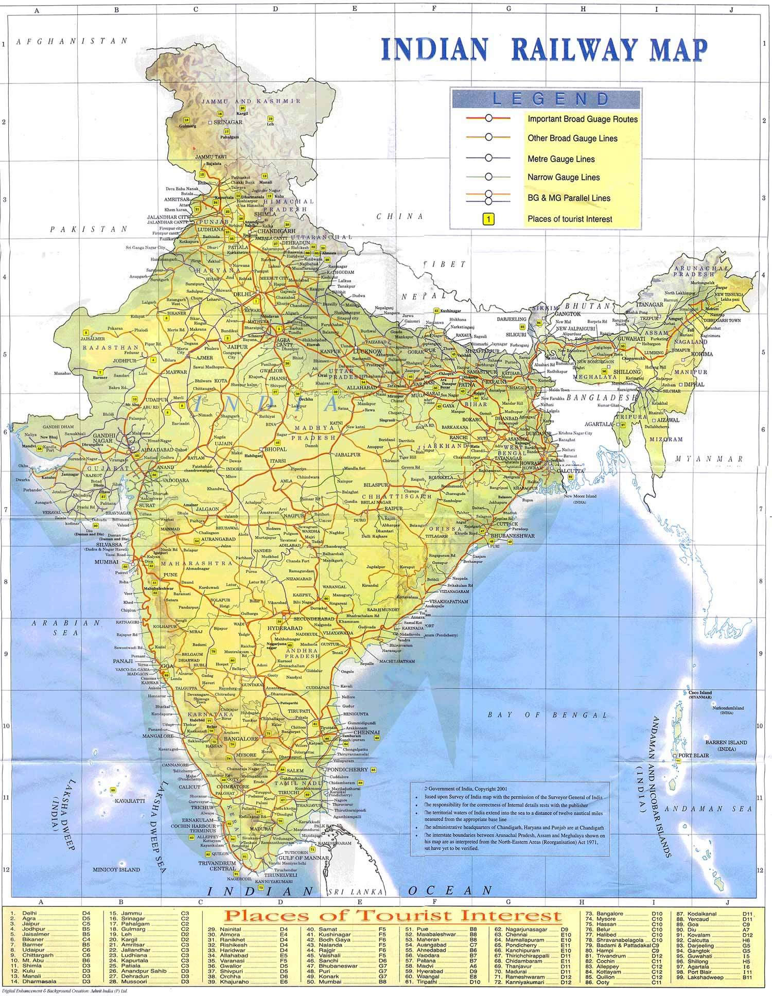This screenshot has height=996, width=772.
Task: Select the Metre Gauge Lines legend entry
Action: tap(561, 159)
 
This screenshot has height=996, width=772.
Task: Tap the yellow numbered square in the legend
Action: tap(488, 219)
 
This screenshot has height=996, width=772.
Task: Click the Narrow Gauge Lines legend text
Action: tap(564, 178)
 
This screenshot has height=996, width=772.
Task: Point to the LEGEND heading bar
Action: tap(546, 98)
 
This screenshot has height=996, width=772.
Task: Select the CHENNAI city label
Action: tap(366, 732)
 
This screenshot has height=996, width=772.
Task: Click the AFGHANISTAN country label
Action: tap(72, 41)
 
